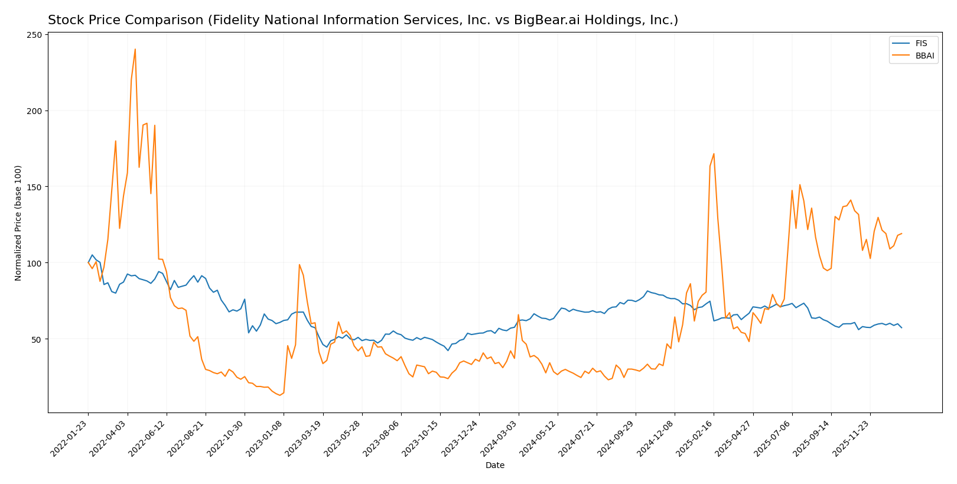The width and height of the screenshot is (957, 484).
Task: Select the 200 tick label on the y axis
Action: pyautogui.click(x=35, y=111)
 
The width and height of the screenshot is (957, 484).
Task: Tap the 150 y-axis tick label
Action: pyautogui.click(x=35, y=187)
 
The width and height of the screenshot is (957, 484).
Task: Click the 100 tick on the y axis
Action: pyautogui.click(x=35, y=263)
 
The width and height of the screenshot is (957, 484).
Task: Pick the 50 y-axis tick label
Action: pyautogui.click(x=38, y=339)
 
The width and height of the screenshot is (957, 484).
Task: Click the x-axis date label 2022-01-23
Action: pyautogui.click(x=70, y=439)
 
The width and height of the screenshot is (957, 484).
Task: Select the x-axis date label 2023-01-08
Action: pyautogui.click(x=265, y=439)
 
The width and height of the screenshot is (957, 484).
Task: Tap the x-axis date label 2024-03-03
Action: pyautogui.click(x=500, y=439)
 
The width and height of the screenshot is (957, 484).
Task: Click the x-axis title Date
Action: pyautogui.click(x=495, y=465)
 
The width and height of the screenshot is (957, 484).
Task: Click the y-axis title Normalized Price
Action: pyautogui.click(x=18, y=223)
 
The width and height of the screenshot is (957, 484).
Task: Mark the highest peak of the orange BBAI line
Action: pyautogui.click(x=135, y=49)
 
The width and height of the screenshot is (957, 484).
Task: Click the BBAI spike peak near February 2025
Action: pyautogui.click(x=714, y=154)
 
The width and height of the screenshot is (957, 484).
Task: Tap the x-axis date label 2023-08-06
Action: pyautogui.click(x=382, y=439)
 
